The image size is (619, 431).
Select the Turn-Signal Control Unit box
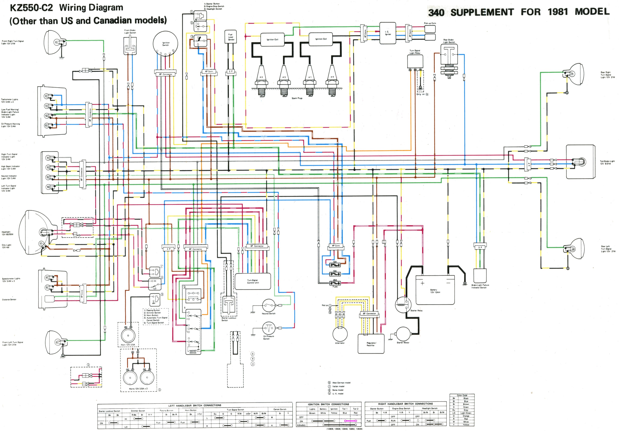[253, 281]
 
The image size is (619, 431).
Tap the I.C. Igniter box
[388, 33]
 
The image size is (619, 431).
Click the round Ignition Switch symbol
[165, 44]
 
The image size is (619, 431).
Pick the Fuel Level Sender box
[231, 37]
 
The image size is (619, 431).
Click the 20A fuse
[335, 283]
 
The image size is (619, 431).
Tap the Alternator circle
[340, 334]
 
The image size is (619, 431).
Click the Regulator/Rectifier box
[371, 344]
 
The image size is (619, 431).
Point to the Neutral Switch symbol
[268, 305]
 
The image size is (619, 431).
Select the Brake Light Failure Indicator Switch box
[480, 276]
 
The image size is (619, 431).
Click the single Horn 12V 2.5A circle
[128, 335]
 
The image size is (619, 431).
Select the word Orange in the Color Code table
[466, 416]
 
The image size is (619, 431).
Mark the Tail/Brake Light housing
[580, 162]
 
